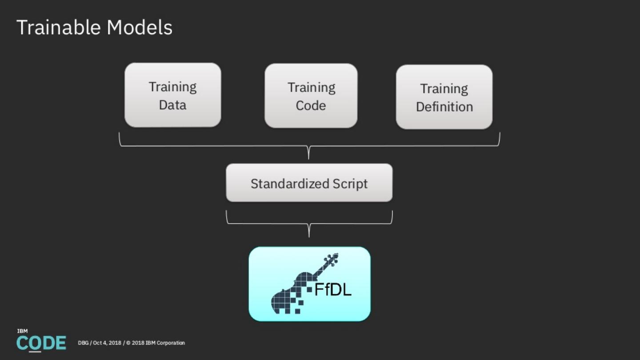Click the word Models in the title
coord(139,28)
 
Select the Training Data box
coord(172,95)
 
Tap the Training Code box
coord(311,96)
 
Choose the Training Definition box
coord(444,97)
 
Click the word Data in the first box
coord(172,105)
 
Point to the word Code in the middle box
coord(311,106)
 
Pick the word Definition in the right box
coord(444,107)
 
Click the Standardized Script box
coord(309,183)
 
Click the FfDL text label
coord(333,290)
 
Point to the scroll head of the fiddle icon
coord(331,259)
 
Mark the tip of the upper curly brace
coord(308,157)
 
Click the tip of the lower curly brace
coord(309,236)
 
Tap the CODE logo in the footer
coord(41,343)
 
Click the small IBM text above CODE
coord(22,331)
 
